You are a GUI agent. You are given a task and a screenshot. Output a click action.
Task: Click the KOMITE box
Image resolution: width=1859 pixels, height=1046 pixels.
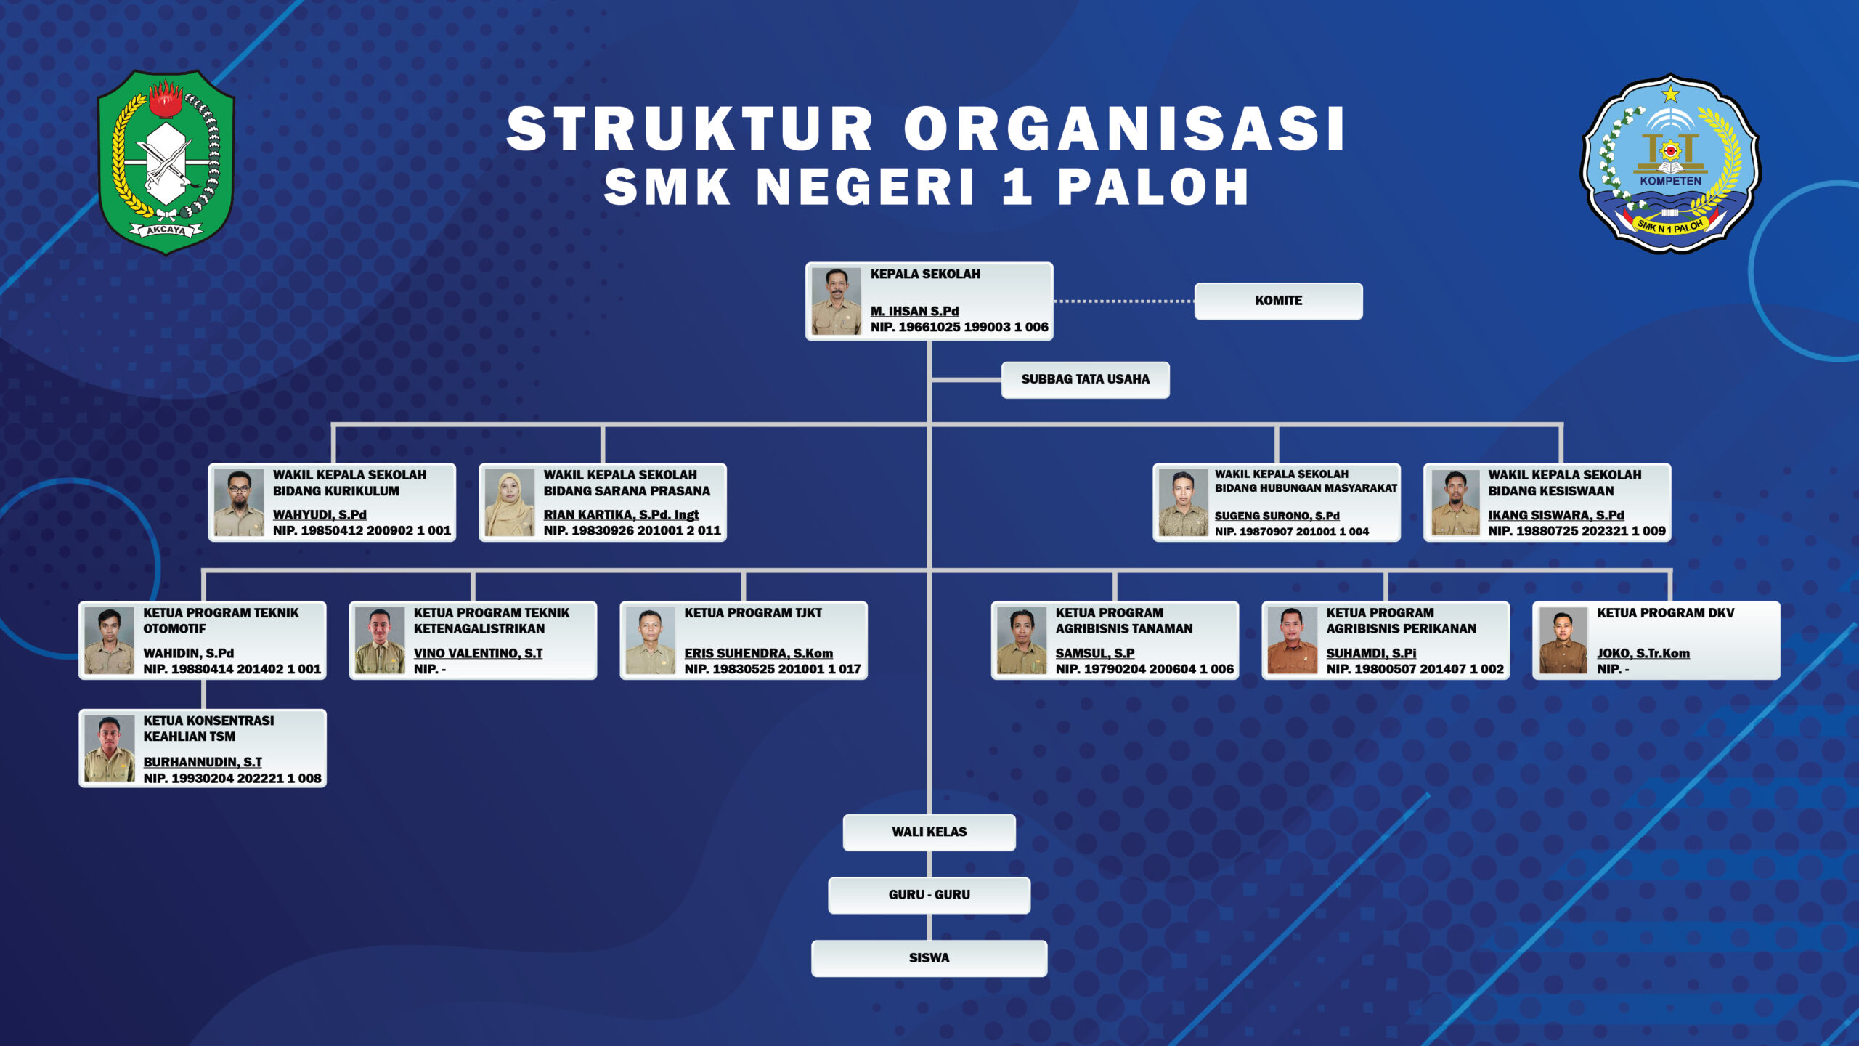tap(1278, 301)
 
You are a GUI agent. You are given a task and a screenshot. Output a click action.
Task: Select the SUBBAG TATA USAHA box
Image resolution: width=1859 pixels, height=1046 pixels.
tap(1085, 379)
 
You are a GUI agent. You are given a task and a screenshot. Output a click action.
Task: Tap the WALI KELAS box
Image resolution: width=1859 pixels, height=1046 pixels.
tap(929, 832)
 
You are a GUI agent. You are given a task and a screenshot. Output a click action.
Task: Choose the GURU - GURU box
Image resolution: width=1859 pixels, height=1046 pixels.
tap(929, 895)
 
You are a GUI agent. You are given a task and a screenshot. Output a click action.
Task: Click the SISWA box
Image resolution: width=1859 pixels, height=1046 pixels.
tap(929, 958)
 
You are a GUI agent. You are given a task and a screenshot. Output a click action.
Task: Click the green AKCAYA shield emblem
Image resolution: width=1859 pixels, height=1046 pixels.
tap(166, 161)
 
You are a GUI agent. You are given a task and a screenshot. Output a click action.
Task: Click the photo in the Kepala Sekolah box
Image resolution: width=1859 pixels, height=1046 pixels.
tap(837, 301)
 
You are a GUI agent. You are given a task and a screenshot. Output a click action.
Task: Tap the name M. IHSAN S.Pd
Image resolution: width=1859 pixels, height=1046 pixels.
tap(914, 311)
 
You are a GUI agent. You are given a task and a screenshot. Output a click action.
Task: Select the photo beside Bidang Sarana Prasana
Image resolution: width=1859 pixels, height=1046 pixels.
tap(510, 503)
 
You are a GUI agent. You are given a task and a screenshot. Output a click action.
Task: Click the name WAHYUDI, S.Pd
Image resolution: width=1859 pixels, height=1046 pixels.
tap(320, 514)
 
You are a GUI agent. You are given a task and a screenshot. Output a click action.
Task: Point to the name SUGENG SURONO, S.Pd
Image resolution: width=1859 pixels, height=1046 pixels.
tap(1277, 516)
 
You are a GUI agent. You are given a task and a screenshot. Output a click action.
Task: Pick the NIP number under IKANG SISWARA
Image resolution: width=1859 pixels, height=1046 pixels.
tap(1577, 531)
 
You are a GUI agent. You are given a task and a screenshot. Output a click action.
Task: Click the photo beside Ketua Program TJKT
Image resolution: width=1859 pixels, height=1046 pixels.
tap(651, 641)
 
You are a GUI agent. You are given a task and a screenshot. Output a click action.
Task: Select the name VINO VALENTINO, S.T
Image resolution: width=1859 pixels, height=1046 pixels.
tap(478, 653)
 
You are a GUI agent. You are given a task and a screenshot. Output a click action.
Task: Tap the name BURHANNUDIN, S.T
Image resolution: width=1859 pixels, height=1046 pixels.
tap(203, 762)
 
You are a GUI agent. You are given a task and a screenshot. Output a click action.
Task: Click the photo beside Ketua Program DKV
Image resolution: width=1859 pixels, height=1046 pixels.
tap(1563, 641)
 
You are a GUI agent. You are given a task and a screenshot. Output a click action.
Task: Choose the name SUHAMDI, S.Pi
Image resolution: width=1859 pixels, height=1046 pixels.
tap(1371, 653)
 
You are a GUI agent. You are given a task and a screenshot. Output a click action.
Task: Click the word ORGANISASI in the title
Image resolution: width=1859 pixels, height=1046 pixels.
tap(1124, 129)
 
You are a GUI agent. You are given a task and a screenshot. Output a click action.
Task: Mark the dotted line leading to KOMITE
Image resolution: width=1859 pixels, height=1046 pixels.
tap(1124, 301)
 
